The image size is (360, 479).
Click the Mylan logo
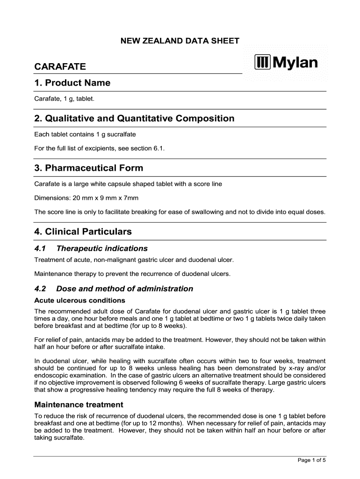click(x=286, y=62)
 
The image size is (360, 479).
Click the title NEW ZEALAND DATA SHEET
click(x=180, y=41)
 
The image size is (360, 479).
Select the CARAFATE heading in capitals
click(x=60, y=67)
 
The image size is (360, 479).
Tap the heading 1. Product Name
click(x=72, y=83)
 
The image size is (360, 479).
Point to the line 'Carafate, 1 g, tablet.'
click(x=65, y=99)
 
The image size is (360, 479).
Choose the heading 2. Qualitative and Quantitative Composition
click(x=134, y=118)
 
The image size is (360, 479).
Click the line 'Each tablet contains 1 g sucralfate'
click(x=85, y=134)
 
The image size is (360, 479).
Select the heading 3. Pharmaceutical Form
click(x=89, y=168)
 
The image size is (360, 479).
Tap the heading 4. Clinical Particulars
click(x=83, y=232)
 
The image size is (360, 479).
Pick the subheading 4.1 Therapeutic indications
click(x=91, y=248)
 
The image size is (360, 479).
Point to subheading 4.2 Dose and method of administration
click(x=114, y=289)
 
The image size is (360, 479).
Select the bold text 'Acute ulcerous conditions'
click(x=79, y=300)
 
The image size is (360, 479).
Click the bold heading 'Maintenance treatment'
click(x=79, y=405)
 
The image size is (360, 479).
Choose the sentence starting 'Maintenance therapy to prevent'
click(x=132, y=274)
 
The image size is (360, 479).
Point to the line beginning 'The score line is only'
click(x=180, y=212)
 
